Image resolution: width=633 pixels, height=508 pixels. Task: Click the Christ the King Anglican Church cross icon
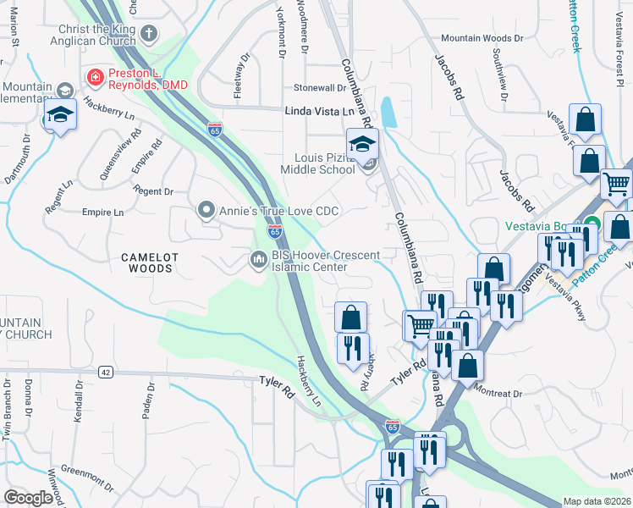pos(149,34)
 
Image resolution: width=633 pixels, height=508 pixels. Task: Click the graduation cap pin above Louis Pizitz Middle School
pos(362,146)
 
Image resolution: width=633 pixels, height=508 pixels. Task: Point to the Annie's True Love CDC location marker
pos(205,209)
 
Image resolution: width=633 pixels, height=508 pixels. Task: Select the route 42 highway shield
pos(105,372)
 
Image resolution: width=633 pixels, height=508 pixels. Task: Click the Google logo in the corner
pos(29,498)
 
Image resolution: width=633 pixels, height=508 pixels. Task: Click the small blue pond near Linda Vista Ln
pos(388,112)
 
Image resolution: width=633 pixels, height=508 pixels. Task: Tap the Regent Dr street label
pos(154,192)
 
